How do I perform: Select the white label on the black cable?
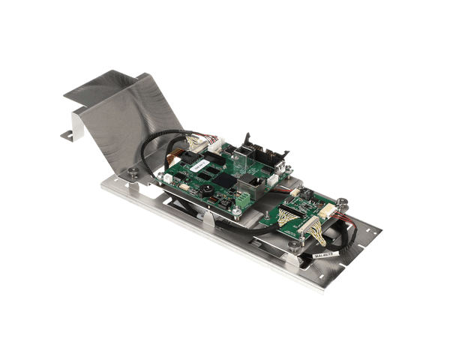click(325, 254)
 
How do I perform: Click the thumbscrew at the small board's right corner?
click(342, 202)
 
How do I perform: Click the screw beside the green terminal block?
click(237, 212)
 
